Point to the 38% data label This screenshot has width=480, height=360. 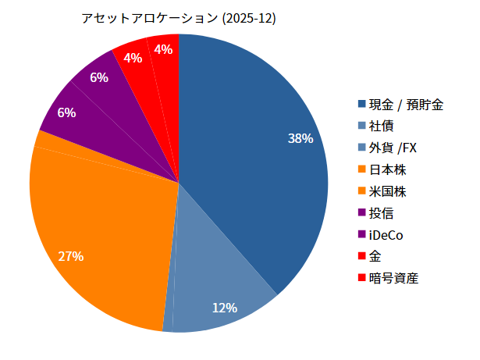(300, 139)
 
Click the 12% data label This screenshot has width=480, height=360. (224, 308)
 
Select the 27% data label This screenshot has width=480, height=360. (70, 256)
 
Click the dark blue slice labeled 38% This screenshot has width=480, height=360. (250, 156)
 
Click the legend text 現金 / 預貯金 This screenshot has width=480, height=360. (406, 105)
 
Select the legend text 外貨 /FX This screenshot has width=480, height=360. (393, 148)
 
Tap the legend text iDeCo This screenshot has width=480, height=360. (386, 234)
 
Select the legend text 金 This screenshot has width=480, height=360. (375, 256)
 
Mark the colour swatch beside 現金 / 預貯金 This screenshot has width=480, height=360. (362, 105)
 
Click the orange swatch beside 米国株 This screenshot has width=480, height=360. (362, 191)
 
